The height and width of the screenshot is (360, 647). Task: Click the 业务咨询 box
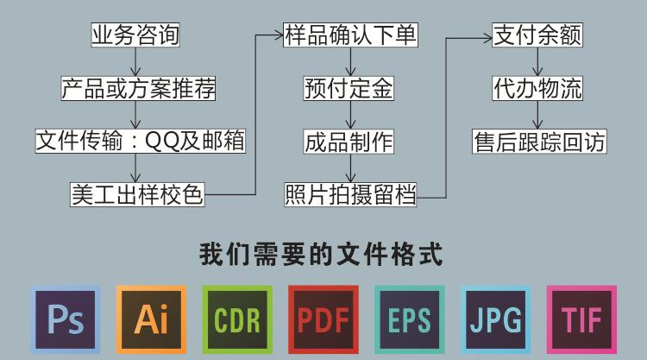[x=135, y=35]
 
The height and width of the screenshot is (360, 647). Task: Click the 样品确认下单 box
[x=350, y=35]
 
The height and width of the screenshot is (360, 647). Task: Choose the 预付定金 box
[x=349, y=88]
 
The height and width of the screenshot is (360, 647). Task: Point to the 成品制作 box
[x=349, y=141]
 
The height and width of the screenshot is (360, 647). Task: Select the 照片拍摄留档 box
[x=350, y=194]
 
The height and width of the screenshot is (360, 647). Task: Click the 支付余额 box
[x=537, y=35]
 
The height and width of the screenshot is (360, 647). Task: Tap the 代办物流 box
[x=537, y=88]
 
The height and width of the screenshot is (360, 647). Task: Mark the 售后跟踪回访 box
[x=539, y=141]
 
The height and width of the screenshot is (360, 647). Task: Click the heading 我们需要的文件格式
[x=323, y=256]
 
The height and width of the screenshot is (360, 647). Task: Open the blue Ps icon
[x=65, y=319]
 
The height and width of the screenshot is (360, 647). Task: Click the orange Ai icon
[x=151, y=319]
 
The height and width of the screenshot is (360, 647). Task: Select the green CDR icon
[x=237, y=319]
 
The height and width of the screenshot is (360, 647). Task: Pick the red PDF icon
[x=323, y=319]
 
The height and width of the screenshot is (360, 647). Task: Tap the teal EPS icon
[x=409, y=319]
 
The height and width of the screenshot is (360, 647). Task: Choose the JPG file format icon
[x=495, y=319]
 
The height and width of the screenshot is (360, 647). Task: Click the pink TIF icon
[x=581, y=319]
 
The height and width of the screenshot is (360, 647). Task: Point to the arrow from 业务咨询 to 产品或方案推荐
[x=135, y=62]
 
